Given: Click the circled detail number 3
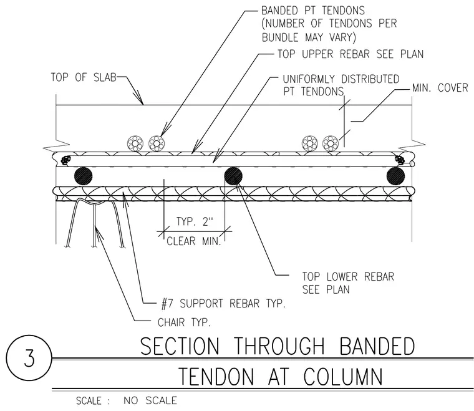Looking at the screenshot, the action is coord(29,358).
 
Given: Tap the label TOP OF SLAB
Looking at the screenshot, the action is coord(84,77).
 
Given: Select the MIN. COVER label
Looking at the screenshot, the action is coord(440,88).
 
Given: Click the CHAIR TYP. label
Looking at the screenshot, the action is coord(184,322).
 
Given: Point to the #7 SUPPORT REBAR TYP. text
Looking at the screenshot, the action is coord(223,303).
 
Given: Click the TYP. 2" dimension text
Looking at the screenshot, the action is coord(195,221).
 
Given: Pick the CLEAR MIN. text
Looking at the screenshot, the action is coord(194,241).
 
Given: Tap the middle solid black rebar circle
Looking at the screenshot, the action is coord(233,176).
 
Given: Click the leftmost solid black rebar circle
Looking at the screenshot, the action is coord(83,176).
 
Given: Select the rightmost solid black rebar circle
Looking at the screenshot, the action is coord(395,176).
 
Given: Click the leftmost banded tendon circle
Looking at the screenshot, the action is coord(135,143).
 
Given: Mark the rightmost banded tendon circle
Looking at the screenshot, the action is coord(331,143).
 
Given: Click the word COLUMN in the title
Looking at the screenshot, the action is coord(343,376).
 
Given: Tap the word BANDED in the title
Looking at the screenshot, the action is coord(377,346).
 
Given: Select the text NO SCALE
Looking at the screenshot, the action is coord(150,400).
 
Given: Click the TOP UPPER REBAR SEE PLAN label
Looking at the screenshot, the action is coord(351,54).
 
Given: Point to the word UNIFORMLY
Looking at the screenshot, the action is coord(309,79).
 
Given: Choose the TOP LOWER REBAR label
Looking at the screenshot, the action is coord(348,276).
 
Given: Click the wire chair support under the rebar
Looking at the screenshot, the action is coord(94,224).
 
